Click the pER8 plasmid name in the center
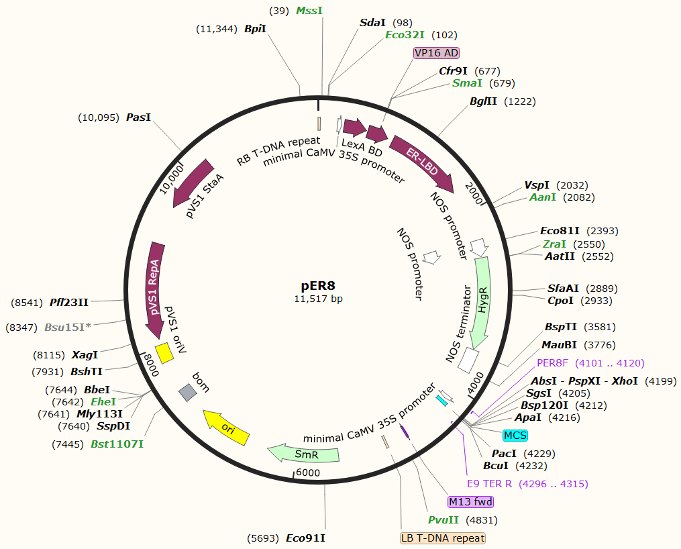tap(319, 287)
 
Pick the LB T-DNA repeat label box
tap(442, 538)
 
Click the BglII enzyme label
tap(483, 101)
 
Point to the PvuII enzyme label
tap(443, 520)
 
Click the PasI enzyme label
tap(138, 117)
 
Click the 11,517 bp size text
tap(319, 299)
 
